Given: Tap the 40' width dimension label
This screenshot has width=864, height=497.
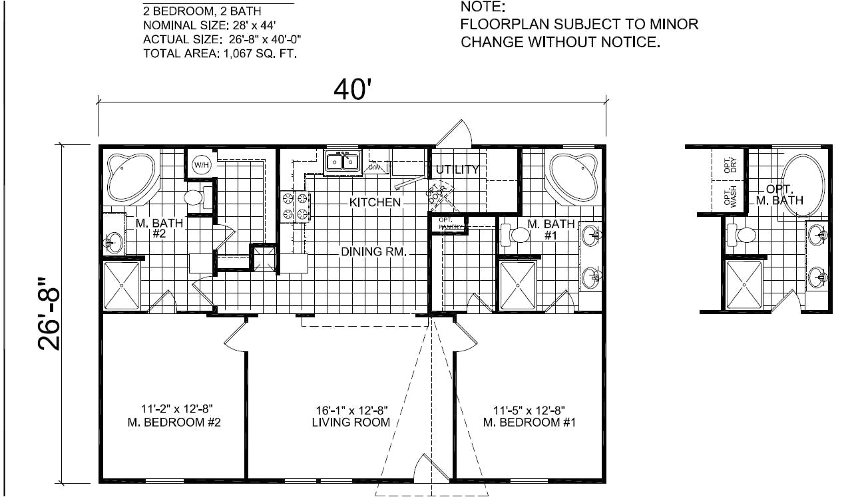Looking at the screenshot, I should [x=351, y=88].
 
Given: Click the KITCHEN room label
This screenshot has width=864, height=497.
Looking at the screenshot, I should [x=375, y=202].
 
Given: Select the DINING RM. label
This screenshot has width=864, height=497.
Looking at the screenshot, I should [x=373, y=251].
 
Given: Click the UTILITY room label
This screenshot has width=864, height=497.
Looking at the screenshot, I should [x=457, y=170].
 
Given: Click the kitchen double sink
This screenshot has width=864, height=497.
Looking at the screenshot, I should [x=342, y=162].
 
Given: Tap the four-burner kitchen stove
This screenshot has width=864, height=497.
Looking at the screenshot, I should [x=297, y=206].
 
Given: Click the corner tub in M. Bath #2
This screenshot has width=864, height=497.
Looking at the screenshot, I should [x=131, y=177].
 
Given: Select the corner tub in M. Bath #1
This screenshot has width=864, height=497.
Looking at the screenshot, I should [x=572, y=177].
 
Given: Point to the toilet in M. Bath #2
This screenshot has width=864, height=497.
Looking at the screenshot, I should [x=194, y=198].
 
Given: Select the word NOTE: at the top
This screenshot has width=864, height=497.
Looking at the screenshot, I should [x=483, y=8].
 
